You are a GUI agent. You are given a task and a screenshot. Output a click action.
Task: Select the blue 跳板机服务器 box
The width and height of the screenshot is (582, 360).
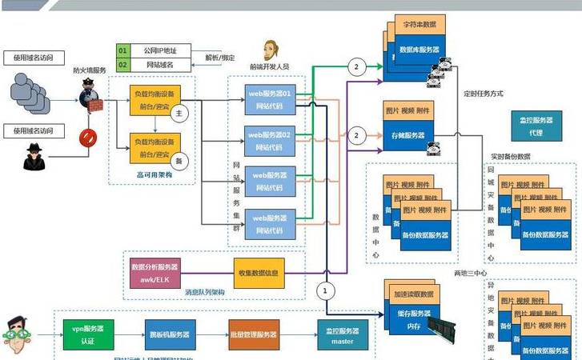[x=168, y=334]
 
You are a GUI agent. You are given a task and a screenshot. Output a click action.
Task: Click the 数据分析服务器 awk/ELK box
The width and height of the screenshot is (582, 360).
[x=155, y=273]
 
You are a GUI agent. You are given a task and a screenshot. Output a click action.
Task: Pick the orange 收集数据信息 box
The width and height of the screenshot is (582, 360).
[x=259, y=273]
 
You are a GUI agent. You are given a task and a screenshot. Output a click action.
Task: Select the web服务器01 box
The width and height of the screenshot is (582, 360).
[x=270, y=100]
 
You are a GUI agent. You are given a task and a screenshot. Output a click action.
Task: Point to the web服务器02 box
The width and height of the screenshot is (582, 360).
[x=270, y=139]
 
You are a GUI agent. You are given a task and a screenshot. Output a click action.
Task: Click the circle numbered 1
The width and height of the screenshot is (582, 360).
[x=324, y=290]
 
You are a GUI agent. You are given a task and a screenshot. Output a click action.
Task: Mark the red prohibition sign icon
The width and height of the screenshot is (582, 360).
[x=87, y=137]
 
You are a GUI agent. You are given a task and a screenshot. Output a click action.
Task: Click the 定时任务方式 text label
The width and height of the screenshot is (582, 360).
[x=484, y=93]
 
